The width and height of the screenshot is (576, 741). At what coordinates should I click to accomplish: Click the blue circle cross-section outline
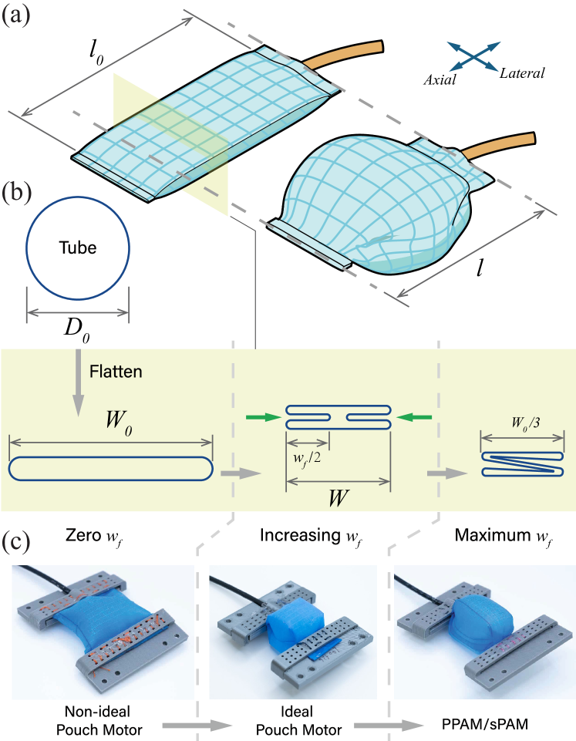pos(77,247)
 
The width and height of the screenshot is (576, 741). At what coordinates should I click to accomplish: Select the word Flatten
pos(116,371)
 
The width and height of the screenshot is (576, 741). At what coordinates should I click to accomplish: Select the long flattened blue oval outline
pos(110,468)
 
